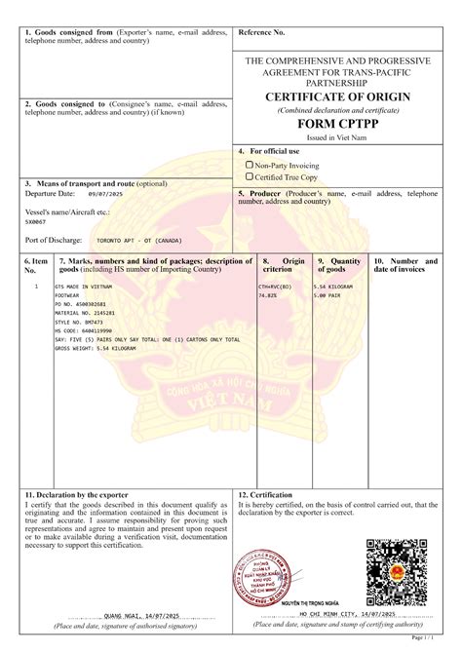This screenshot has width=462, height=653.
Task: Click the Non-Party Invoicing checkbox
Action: click(250, 165)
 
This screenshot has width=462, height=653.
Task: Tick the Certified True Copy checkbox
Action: click(250, 177)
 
